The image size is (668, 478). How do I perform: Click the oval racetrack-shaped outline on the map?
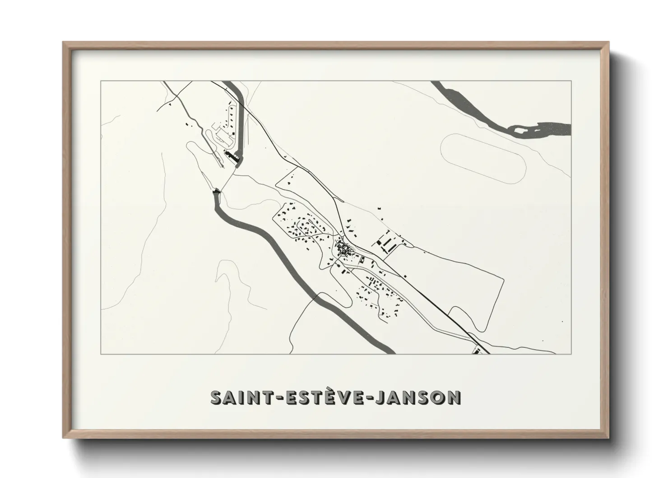(x=483, y=158)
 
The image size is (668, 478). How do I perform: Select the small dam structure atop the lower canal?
(x=217, y=192)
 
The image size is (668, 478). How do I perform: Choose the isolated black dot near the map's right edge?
(x=563, y=321)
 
